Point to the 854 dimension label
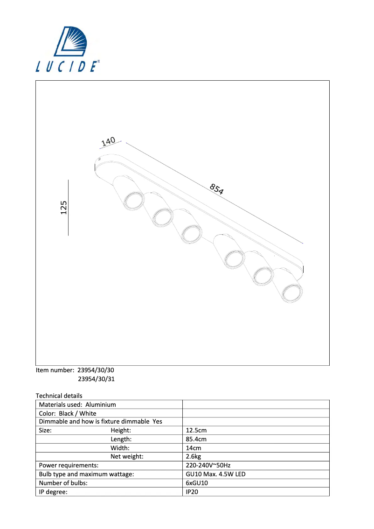click(217, 189)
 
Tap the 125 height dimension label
click(64, 208)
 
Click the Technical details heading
click(59, 396)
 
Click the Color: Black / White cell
click(68, 414)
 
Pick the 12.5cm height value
click(196, 431)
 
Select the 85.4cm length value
click(196, 439)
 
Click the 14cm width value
click(194, 448)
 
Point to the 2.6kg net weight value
click(194, 457)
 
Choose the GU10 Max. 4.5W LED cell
click(215, 474)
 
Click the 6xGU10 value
click(197, 483)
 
